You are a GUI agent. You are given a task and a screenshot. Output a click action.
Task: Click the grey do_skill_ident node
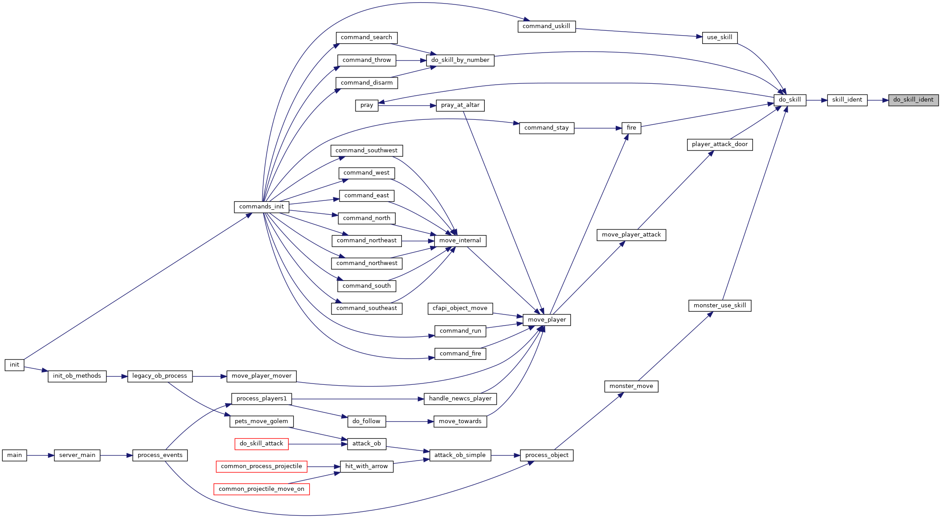coord(913,100)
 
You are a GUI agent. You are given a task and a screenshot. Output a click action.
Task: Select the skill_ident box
coord(847,100)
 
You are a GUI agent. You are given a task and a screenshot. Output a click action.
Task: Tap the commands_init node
coord(262,207)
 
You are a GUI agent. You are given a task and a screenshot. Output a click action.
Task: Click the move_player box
coord(547,320)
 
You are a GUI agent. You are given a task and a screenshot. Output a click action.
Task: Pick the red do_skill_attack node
coord(262,444)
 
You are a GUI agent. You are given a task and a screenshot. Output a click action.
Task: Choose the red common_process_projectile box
coord(262,467)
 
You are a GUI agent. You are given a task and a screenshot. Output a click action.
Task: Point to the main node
coord(14,456)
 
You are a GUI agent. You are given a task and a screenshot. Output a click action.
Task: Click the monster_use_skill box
coord(720,306)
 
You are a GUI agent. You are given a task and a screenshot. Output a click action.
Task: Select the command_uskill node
coord(546,27)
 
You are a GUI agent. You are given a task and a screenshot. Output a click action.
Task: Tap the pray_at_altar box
coord(460,106)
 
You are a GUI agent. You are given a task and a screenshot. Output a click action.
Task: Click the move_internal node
coord(460,241)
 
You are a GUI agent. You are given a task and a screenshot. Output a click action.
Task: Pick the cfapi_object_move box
coord(460,309)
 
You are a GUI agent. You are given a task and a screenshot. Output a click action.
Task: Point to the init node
coord(14,365)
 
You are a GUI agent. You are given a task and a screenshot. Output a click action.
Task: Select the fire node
coord(631,128)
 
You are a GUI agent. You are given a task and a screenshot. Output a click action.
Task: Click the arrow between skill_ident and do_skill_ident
coord(878,100)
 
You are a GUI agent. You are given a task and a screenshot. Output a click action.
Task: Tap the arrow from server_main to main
coord(41,456)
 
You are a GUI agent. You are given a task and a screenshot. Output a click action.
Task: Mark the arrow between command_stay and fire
coord(598,128)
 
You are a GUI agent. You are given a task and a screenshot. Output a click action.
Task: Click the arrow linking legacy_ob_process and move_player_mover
coord(210,376)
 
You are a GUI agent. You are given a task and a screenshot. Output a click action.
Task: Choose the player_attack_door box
coord(720,145)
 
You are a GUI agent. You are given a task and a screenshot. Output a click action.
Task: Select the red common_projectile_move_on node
coord(262,489)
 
